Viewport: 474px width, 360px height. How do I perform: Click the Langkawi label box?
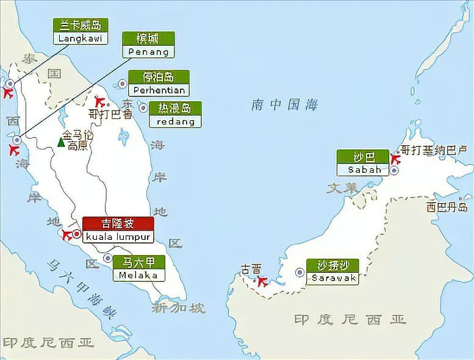[x=81, y=32]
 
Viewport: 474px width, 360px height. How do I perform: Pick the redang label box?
[x=175, y=115]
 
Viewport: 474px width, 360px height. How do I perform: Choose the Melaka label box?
[x=138, y=269]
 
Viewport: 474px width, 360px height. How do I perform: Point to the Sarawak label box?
[x=333, y=272]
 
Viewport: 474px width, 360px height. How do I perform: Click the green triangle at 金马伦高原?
[x=60, y=142]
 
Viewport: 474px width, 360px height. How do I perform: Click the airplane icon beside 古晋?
[x=262, y=281]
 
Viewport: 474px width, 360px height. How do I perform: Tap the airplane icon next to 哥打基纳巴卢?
[x=395, y=159]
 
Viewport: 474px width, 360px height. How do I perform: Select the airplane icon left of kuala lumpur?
[x=65, y=234]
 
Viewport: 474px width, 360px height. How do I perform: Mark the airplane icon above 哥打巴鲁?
[x=99, y=102]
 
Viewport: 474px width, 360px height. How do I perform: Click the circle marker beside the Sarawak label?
[x=300, y=272]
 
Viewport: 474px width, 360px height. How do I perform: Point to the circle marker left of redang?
[x=143, y=108]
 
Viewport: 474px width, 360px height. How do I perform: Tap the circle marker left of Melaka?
[x=107, y=258]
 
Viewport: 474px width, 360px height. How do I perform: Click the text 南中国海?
[x=284, y=105]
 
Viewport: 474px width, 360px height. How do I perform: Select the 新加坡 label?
[x=179, y=308]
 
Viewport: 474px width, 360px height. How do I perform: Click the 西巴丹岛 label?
[x=447, y=207]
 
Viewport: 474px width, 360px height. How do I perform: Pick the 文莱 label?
[x=342, y=188]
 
